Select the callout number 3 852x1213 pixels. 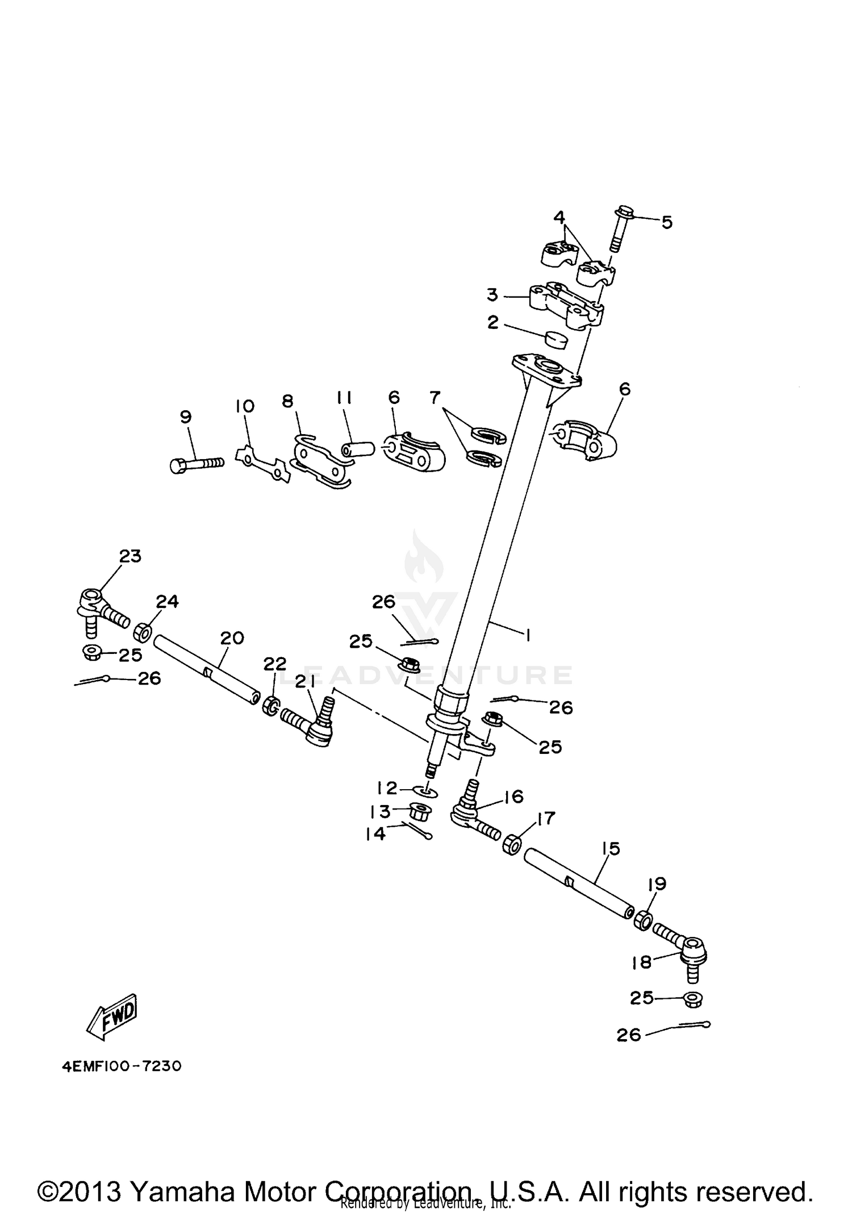[492, 295]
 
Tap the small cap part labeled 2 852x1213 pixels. [557, 340]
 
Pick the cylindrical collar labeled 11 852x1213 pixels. [357, 448]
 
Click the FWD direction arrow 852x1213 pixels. [112, 1019]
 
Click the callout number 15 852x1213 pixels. [611, 849]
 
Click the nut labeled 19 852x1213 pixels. [642, 919]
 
